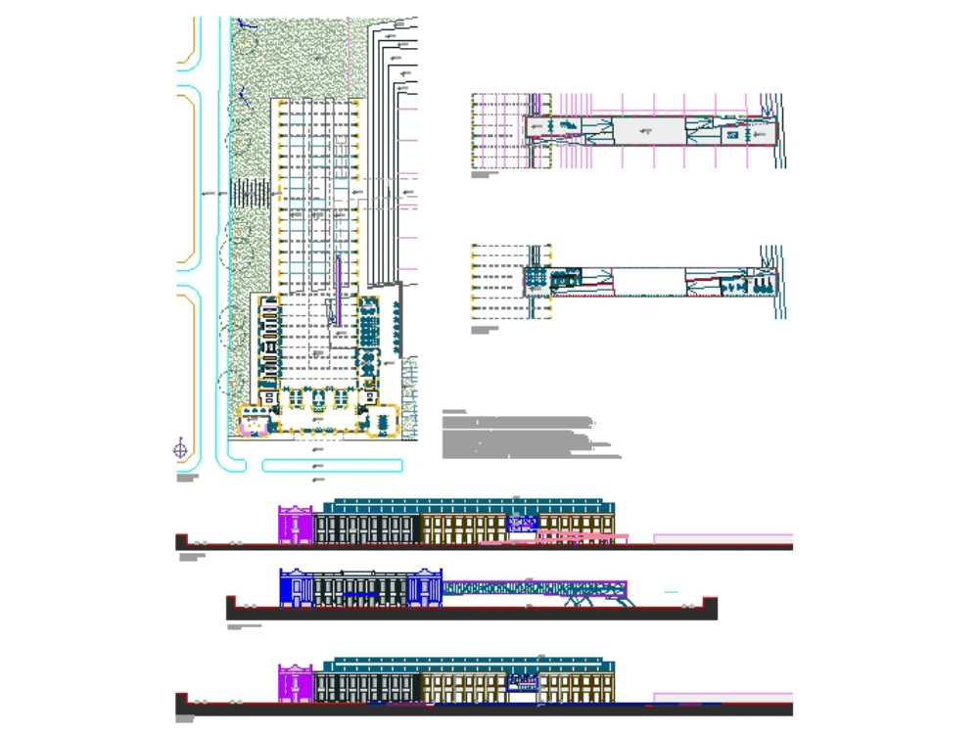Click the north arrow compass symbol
pyautogui.click(x=180, y=449)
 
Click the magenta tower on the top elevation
pyautogui.click(x=295, y=524)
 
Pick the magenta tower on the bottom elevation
pyautogui.click(x=295, y=683)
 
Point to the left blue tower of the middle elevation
pyautogui.click(x=296, y=586)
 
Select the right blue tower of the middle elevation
pyautogui.click(x=426, y=587)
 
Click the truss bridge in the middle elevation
pyautogui.click(x=534, y=587)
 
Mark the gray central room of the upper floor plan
pyautogui.click(x=646, y=130)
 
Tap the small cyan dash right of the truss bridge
pyautogui.click(x=671, y=592)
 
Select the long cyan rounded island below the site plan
pyautogui.click(x=333, y=465)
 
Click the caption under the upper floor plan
pyautogui.click(x=483, y=176)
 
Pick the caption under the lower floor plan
pyautogui.click(x=483, y=330)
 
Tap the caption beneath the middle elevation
pyautogui.click(x=245, y=625)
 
